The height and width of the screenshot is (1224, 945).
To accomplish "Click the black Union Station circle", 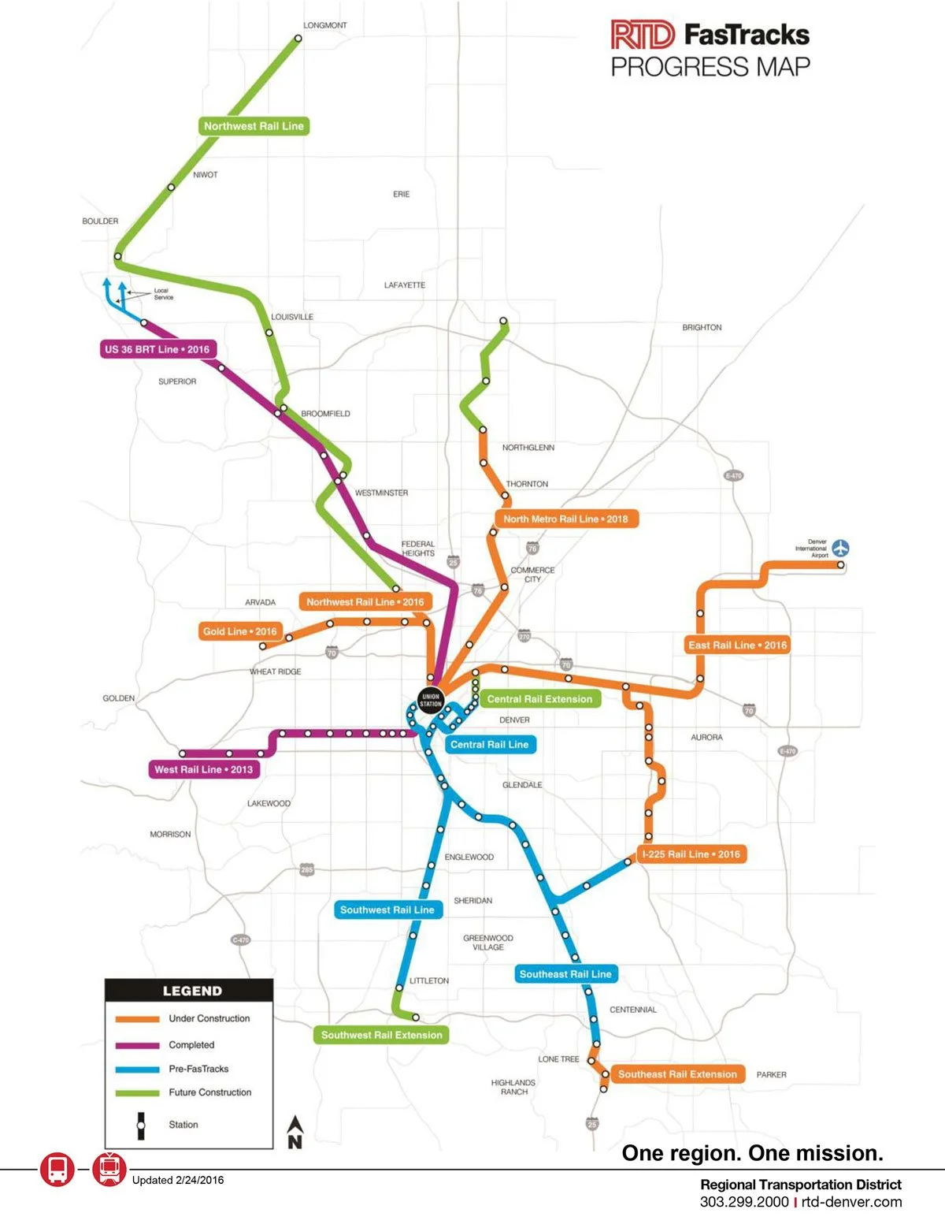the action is (431, 699).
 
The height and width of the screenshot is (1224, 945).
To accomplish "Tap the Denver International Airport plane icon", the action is (841, 547).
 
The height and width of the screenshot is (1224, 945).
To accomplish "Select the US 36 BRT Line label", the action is (157, 349).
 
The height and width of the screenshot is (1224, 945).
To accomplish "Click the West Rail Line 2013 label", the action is (204, 769).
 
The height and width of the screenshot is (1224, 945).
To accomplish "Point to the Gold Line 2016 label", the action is (239, 631).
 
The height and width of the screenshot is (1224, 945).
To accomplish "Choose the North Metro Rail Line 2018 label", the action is (565, 519).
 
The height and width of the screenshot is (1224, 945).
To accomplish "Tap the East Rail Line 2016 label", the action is (737, 645).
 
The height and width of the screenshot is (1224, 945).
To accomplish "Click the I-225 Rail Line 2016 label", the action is (691, 854).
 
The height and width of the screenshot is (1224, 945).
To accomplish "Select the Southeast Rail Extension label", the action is (677, 1073).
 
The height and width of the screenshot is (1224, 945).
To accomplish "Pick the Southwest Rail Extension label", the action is (381, 1035).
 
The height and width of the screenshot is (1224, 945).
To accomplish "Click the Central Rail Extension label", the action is (539, 698).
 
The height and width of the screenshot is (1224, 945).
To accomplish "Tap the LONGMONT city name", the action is (325, 25).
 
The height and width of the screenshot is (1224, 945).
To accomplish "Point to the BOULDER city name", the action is (100, 221).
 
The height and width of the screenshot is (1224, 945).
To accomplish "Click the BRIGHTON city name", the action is (702, 327).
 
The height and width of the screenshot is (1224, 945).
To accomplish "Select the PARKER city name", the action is (771, 1074).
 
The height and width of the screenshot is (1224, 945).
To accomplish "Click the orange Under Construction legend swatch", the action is (138, 1019).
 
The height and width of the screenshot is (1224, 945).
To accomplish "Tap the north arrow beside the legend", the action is (295, 1132).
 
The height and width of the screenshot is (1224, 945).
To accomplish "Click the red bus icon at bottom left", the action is (57, 1169).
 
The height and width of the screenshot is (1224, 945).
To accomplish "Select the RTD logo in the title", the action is (643, 35).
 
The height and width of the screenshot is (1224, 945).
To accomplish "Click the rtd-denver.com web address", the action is (851, 1202).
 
